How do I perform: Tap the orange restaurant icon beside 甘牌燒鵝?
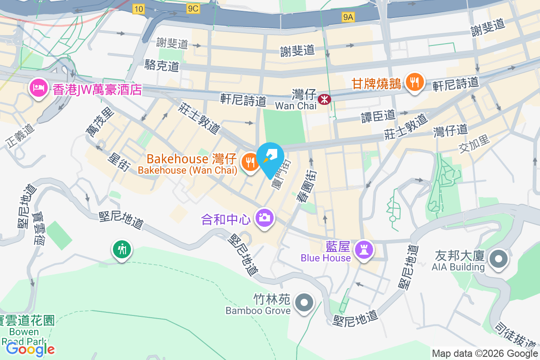point(413,82)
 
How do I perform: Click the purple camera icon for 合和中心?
point(264,218)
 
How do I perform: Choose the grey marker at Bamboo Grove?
point(304,302)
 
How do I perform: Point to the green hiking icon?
point(121,248)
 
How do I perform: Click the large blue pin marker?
point(271,158)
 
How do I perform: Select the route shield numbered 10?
point(139,9)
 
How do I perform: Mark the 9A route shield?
point(348,17)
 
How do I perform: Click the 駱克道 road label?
point(162,66)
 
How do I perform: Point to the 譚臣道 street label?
point(378,116)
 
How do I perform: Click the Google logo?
point(31,349)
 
